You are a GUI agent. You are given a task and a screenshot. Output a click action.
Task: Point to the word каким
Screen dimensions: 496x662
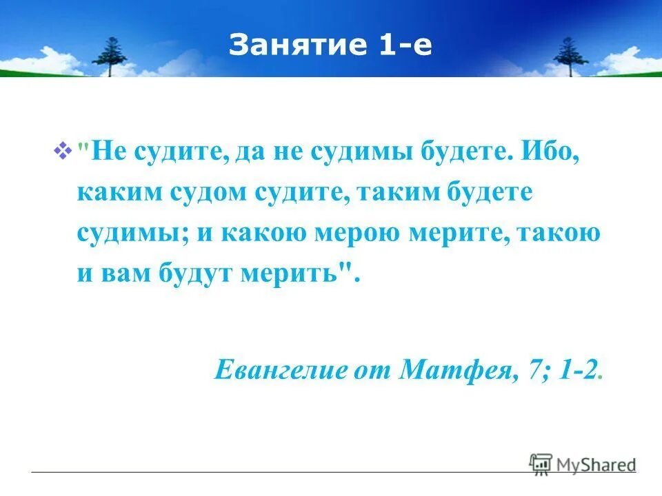[118, 193]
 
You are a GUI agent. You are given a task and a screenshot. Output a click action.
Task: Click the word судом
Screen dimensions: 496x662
[208, 193]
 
